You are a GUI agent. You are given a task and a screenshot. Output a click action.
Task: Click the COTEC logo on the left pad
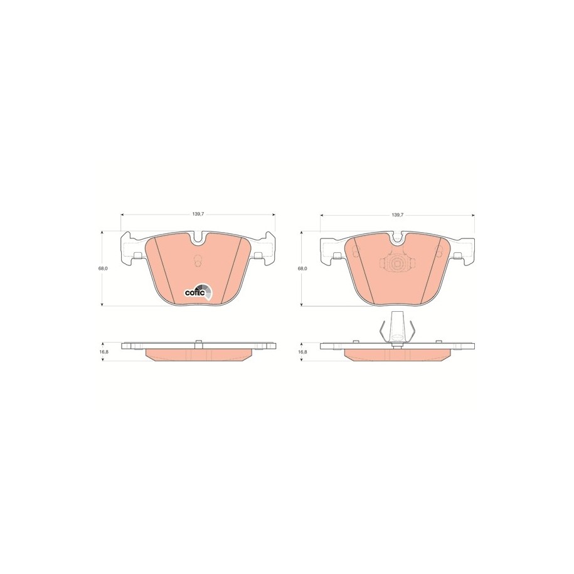coord(198,292)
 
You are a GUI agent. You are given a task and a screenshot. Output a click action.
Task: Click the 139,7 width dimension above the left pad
coord(198,215)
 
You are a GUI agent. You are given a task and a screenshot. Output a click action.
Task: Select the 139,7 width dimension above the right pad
coord(397,215)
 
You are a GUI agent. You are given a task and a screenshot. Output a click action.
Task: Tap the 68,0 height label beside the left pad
coord(102,268)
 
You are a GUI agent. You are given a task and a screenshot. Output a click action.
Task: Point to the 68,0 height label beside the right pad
coord(302,268)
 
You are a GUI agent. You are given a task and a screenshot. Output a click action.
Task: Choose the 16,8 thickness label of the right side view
coord(302,351)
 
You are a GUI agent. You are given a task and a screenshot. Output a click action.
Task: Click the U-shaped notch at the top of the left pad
coord(198,238)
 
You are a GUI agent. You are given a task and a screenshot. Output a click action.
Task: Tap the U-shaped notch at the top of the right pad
coord(397,238)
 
